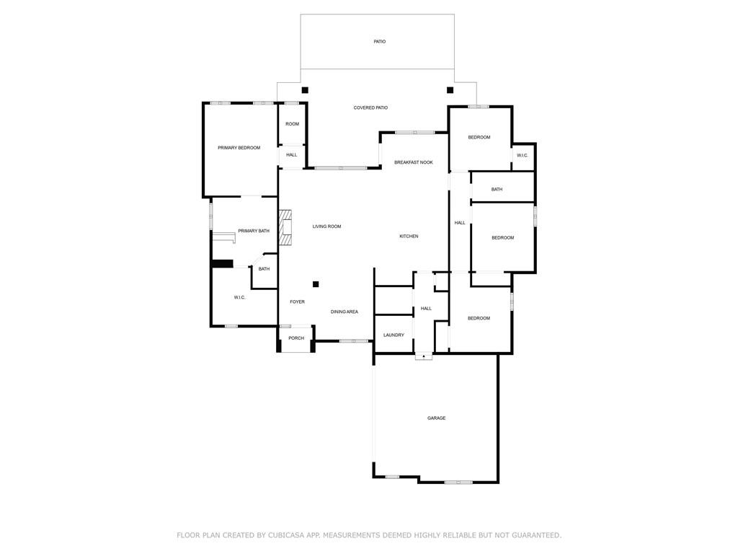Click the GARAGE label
coord(436,418)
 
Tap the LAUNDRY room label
coord(394,335)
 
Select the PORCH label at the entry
coord(296,338)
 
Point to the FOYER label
coord(297,302)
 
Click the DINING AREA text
coord(344,312)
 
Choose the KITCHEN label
coord(409,237)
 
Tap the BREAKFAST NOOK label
coord(413,163)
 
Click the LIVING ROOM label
coord(326,227)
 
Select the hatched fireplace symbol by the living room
coord(285,228)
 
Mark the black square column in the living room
coord(316,284)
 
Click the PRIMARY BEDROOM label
coord(239,148)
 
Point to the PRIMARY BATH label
coord(254,231)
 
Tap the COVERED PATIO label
coord(370,108)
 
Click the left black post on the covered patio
coord(305,90)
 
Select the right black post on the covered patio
coord(450,90)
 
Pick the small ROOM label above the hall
coord(292,124)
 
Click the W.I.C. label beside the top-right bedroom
coord(523,155)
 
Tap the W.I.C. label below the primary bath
coord(239,298)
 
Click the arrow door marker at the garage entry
coord(424,356)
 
